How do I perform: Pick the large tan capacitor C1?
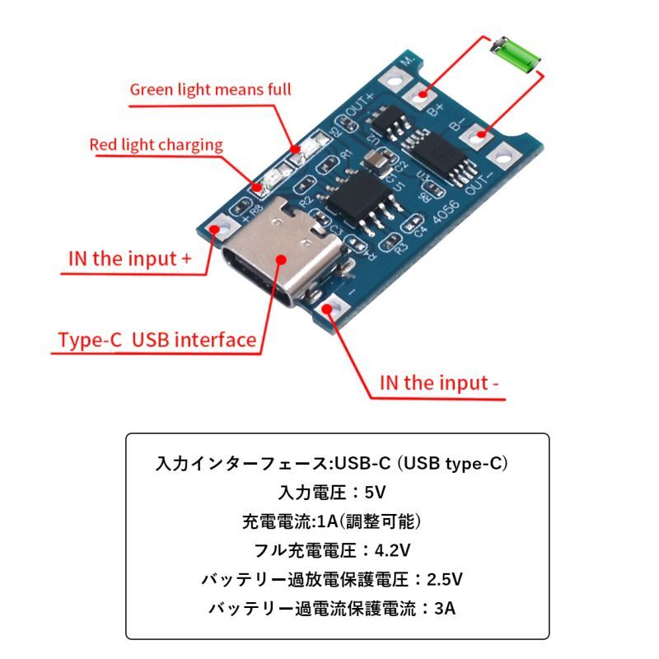coord(379,159)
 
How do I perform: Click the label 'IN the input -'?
coord(439,383)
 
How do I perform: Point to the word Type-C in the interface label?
coord(90,340)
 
